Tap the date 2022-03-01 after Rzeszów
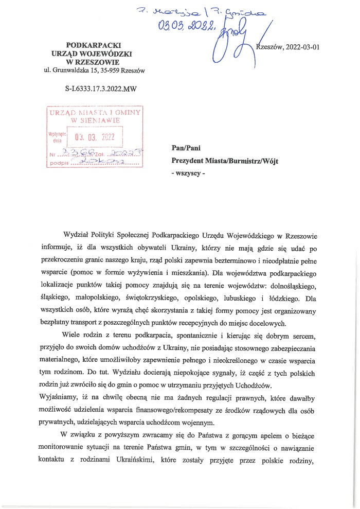coord(301,46)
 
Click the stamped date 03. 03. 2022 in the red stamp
coord(95,137)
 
